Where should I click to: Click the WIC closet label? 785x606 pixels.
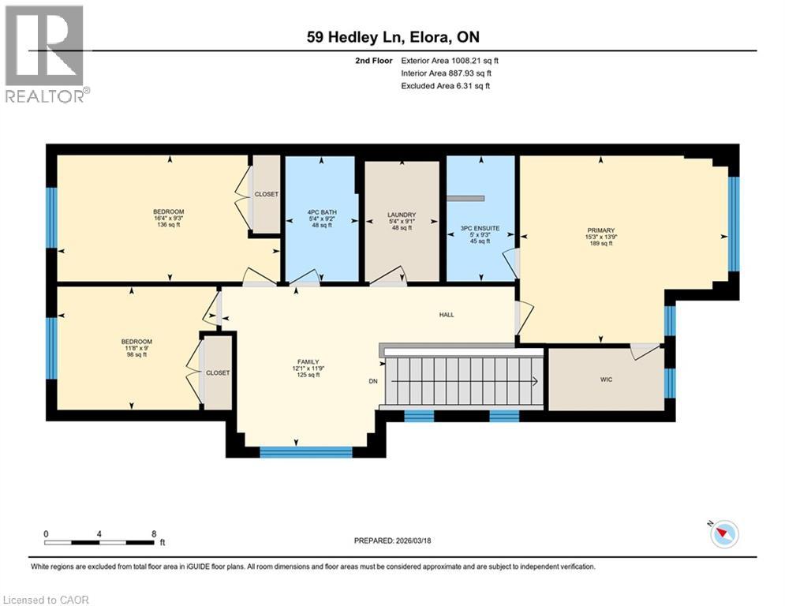pyautogui.click(x=606, y=380)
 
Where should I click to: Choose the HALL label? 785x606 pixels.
pyautogui.click(x=447, y=314)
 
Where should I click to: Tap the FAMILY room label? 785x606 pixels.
pyautogui.click(x=308, y=361)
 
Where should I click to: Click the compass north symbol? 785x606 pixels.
pyautogui.click(x=723, y=534)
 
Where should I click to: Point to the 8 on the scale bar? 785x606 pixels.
pyautogui.click(x=153, y=533)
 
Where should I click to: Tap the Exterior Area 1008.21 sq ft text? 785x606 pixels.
pyautogui.click(x=450, y=60)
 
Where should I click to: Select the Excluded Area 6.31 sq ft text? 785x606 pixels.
pyautogui.click(x=445, y=85)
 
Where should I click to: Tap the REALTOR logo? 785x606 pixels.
pyautogui.click(x=45, y=53)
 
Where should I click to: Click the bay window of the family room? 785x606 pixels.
pyautogui.click(x=306, y=452)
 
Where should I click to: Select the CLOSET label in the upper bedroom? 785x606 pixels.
pyautogui.click(x=266, y=194)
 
